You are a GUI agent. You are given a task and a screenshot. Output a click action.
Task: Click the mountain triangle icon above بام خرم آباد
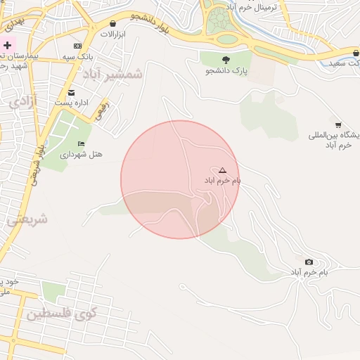pos(222,170)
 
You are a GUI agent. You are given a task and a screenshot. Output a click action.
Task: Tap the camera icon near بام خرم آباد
pos(309,262)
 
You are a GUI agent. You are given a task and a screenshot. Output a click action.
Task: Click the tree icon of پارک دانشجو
pos(226,60)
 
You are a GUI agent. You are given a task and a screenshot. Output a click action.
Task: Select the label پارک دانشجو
pos(226,71)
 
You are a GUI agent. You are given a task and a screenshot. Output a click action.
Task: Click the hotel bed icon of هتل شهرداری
pos(81,143)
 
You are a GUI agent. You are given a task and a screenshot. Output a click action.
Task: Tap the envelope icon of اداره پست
pos(71,93)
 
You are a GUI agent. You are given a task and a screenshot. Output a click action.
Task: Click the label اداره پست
pos(73,103)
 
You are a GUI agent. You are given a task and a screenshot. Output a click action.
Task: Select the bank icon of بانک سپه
pos(77,46)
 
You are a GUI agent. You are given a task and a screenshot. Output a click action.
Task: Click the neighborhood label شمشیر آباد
pos(112,74)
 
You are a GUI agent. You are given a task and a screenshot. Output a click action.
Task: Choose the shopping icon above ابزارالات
pos(112,24)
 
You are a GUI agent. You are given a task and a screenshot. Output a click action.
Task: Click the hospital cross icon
pos(7,45)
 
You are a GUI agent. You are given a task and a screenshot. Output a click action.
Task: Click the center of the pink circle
pos(180,179)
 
